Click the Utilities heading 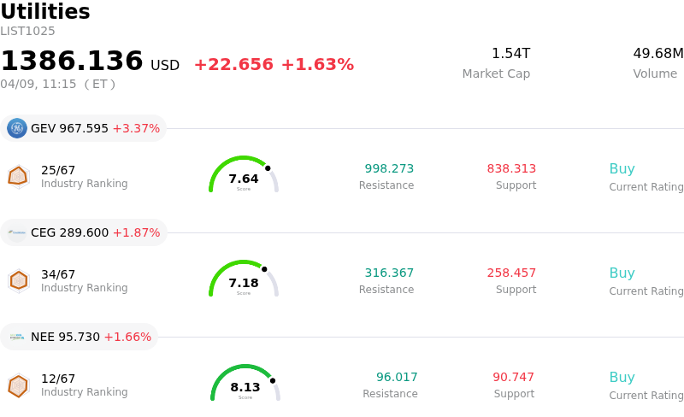45,12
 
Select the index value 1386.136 72,62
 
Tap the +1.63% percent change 317,65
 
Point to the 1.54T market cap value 510,54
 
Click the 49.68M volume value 657,54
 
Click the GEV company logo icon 17,128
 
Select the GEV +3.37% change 136,129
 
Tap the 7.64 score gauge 244,175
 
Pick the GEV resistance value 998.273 389,169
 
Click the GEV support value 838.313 511,169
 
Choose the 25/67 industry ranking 58,170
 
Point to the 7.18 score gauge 244,279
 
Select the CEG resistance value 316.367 389,273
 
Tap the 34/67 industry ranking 58,274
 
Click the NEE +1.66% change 127,338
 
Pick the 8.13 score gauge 245,384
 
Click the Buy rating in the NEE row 622,378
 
